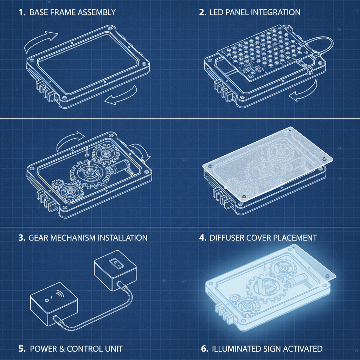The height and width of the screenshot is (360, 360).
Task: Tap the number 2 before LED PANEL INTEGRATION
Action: pos(202,13)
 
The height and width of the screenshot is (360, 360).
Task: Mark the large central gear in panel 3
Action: pos(89,172)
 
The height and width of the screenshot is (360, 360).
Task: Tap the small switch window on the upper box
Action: pos(115,263)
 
